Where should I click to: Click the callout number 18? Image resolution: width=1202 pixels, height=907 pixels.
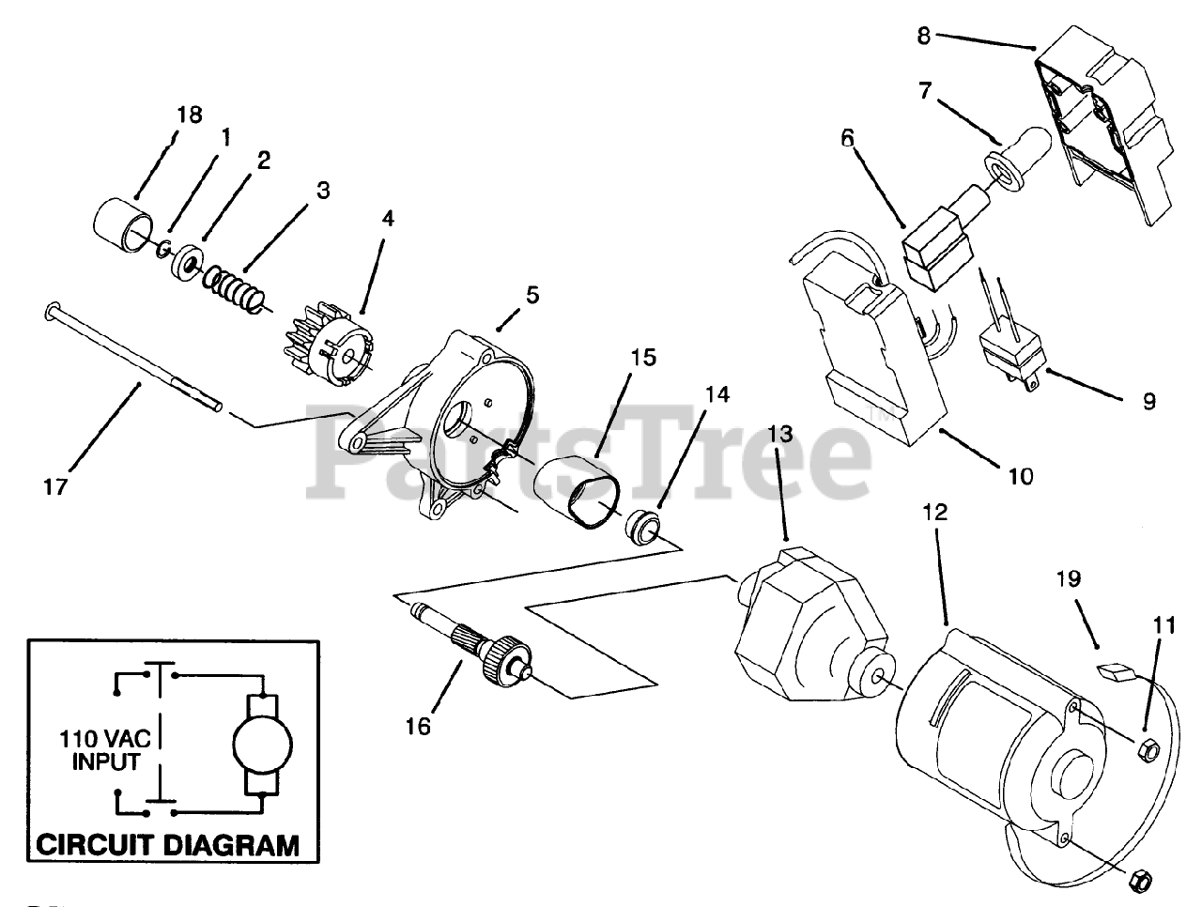[x=189, y=115]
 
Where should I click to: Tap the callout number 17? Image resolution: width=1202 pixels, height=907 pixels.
[x=55, y=488]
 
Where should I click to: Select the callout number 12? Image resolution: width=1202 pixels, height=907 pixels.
[x=935, y=513]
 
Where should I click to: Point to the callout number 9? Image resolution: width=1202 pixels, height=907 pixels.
[x=1149, y=401]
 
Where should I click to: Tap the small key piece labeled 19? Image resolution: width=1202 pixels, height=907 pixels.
[x=1117, y=671]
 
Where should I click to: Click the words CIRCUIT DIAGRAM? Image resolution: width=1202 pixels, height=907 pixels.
[x=168, y=844]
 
